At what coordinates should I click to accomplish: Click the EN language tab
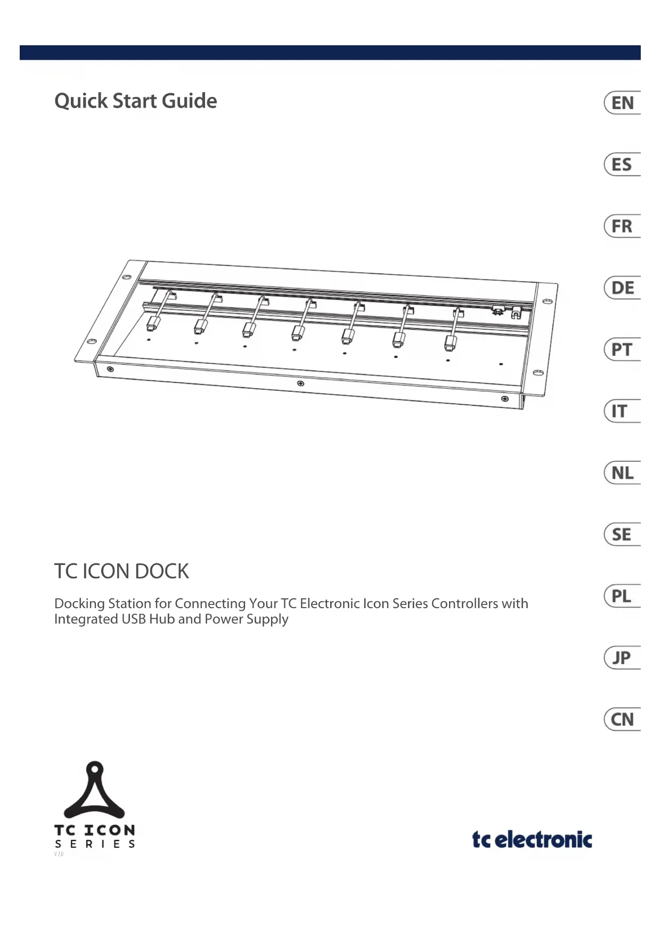tap(622, 103)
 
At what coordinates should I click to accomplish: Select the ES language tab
tap(622, 165)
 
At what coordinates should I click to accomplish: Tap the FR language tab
tap(622, 226)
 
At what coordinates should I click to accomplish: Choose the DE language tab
tap(622, 288)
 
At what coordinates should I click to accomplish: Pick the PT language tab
tap(622, 350)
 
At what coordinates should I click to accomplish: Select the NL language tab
tap(622, 473)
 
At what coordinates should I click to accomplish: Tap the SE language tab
tap(622, 535)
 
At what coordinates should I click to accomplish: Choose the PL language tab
tap(622, 596)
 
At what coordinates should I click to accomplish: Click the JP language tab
tap(622, 658)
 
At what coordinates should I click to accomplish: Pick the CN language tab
tap(622, 719)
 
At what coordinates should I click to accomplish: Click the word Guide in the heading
tap(189, 101)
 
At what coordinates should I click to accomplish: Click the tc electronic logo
tap(532, 839)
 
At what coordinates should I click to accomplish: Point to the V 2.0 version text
tap(59, 854)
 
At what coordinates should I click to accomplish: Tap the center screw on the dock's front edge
tap(300, 383)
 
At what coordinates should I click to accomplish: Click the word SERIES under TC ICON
tap(95, 844)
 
